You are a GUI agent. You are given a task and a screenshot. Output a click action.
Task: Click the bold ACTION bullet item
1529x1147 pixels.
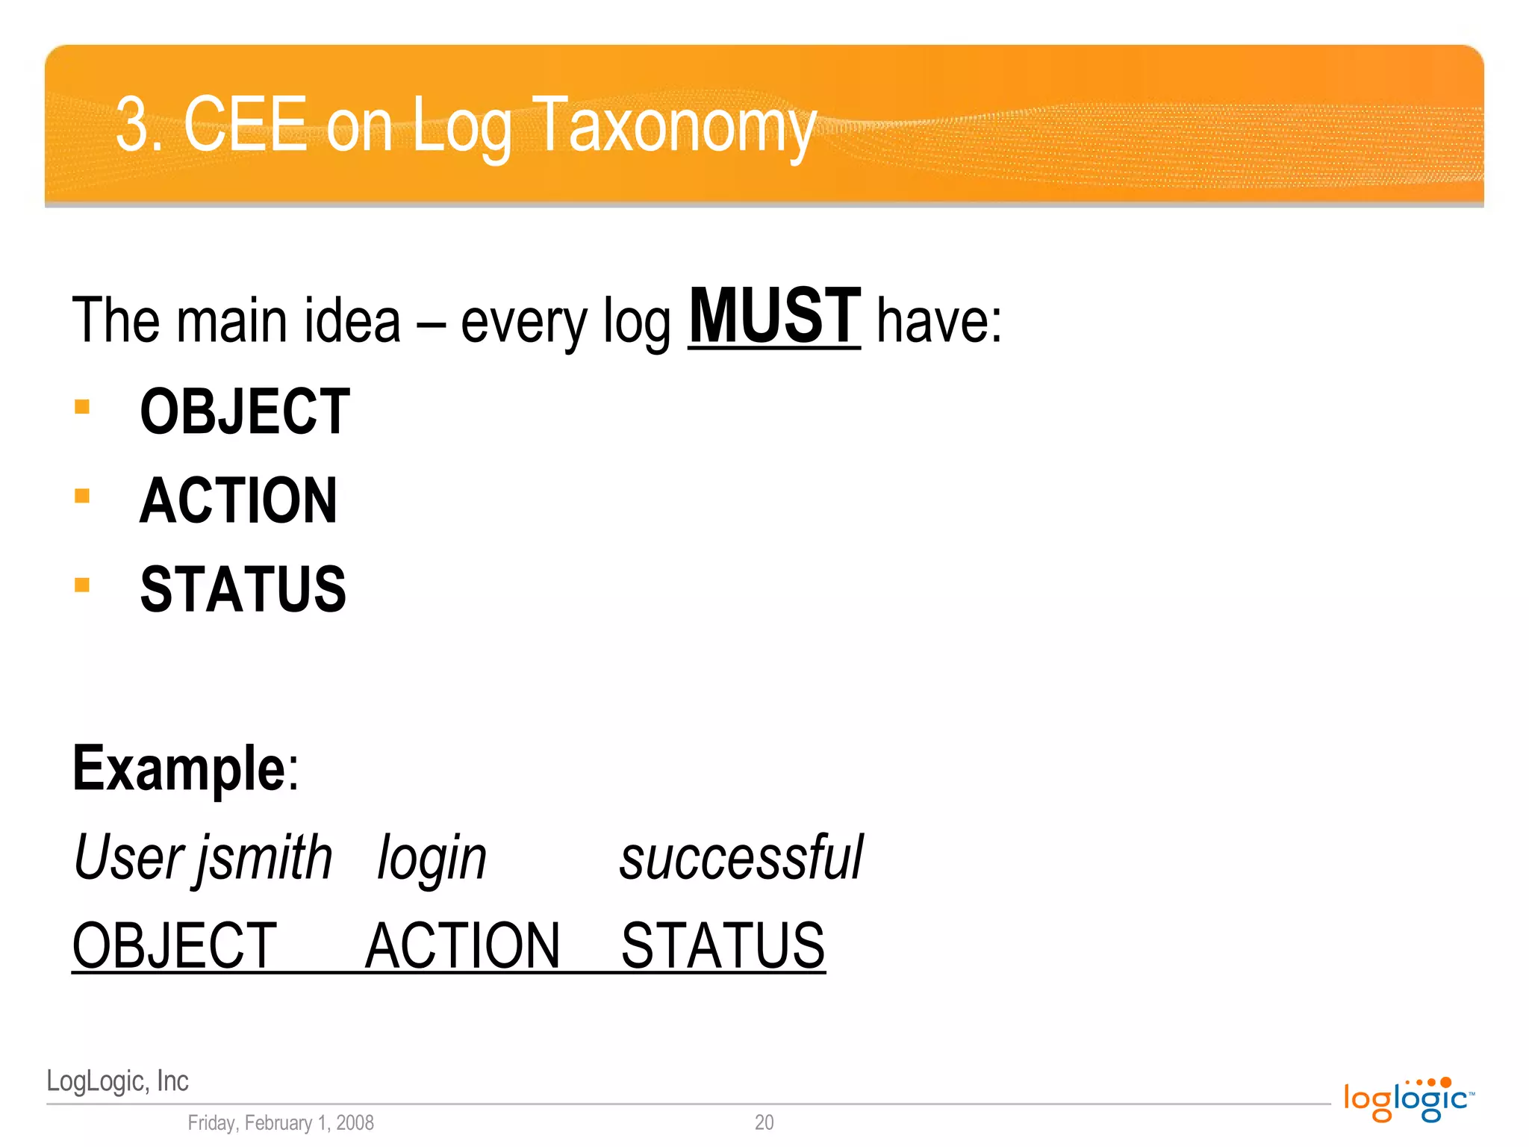click(x=238, y=500)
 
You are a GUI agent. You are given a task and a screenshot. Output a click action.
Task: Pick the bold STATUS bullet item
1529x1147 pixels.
click(x=243, y=589)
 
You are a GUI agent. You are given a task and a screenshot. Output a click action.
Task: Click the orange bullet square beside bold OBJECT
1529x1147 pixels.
click(x=82, y=407)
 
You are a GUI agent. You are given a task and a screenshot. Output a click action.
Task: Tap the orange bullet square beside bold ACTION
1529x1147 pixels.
click(x=82, y=496)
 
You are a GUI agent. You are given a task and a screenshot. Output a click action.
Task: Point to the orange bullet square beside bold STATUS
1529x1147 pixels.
click(x=82, y=585)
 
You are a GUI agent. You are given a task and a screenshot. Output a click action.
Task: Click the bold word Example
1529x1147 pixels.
click(x=178, y=768)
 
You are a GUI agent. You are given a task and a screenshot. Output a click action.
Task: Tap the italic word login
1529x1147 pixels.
click(x=432, y=859)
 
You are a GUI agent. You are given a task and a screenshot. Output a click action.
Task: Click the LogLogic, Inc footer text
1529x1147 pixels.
click(x=117, y=1081)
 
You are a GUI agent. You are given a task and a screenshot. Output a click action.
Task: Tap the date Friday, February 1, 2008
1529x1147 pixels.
click(x=281, y=1122)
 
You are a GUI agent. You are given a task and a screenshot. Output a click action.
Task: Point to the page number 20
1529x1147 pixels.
click(x=764, y=1122)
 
